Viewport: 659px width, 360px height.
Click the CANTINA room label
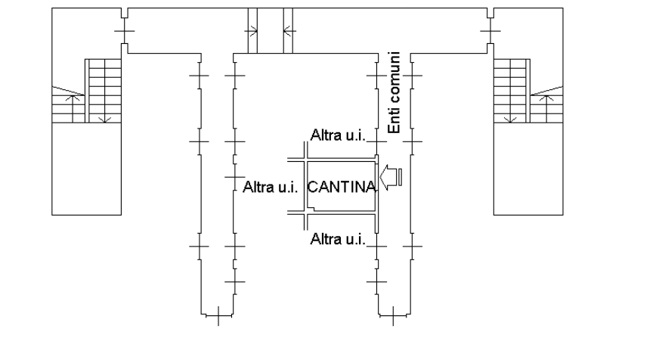342,187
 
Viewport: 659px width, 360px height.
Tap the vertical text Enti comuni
394,92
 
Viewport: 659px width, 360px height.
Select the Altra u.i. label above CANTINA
338,135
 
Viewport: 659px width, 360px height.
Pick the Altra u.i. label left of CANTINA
271,187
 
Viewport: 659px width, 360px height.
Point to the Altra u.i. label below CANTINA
338,239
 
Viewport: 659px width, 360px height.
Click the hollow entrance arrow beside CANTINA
391,177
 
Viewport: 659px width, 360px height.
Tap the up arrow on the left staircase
73,108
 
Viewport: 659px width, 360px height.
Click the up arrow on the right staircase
546,108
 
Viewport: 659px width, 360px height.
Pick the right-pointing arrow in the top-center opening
251,31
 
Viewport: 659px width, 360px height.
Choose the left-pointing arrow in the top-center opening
289,31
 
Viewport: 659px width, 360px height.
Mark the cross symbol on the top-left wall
125,31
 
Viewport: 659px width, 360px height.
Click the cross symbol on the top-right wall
490,31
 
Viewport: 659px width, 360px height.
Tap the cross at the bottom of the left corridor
218,316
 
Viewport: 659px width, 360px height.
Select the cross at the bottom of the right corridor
394,316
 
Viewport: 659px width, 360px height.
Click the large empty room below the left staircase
87,169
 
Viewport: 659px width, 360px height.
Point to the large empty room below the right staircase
528,169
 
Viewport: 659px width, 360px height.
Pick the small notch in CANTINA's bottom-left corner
311,208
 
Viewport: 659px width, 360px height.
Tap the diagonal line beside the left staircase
68,91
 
